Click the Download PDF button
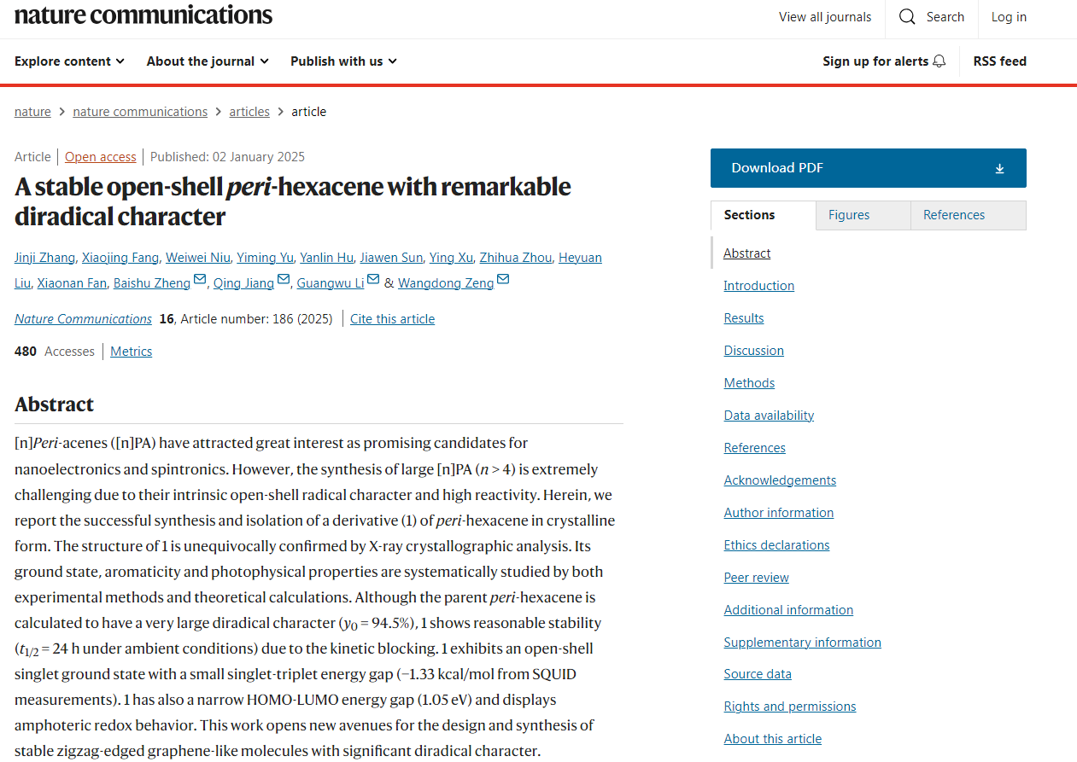tap(868, 168)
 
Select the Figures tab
tap(849, 215)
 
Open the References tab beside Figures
tap(954, 215)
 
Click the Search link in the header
tap(932, 17)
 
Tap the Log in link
tap(1009, 17)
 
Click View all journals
tap(825, 17)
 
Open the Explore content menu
tap(69, 61)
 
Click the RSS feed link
tap(999, 61)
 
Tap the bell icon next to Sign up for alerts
tap(939, 61)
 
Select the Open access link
tap(100, 157)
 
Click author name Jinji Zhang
tap(44, 258)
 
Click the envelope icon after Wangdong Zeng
tap(503, 280)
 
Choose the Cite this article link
tap(392, 319)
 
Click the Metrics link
tap(131, 352)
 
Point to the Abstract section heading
tap(54, 404)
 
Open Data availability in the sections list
tap(769, 416)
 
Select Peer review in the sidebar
tap(756, 578)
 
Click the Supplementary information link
tap(802, 643)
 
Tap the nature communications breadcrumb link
tap(140, 112)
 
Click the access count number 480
tap(26, 352)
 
